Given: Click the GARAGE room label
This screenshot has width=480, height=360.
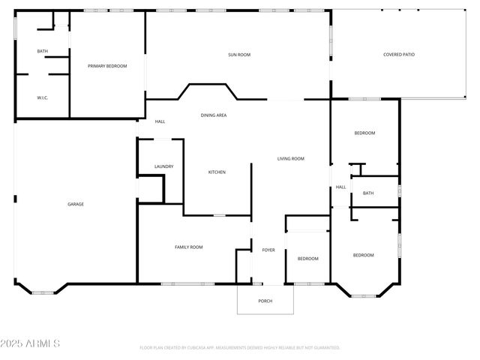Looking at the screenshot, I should coord(76,204).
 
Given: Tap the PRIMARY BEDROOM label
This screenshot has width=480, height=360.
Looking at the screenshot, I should coord(107,66).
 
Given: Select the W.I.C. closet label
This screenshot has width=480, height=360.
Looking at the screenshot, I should coord(43,97).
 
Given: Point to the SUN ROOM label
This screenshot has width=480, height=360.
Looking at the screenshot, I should coord(239,55).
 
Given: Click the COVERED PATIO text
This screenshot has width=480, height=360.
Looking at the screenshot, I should coord(399,55).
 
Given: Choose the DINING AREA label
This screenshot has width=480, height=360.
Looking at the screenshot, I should coord(214,115).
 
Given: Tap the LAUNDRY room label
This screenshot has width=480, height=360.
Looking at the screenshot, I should coord(164,166).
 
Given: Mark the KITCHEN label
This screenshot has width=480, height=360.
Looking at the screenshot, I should coord(217,172).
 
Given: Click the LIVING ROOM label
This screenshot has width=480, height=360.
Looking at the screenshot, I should coord(291,158).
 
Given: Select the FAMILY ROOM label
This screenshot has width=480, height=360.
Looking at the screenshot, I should coord(189,247).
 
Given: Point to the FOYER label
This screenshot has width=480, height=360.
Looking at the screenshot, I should coord(268,250).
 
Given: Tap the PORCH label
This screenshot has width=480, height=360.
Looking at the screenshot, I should coord(265,301).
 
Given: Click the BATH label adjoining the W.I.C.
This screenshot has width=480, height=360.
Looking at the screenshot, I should coord(43,51).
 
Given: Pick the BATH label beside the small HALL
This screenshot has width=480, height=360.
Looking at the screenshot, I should coord(368,193).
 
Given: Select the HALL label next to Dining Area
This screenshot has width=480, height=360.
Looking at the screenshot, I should coord(160,121).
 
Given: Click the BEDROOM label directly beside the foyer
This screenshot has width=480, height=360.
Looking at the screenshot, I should coord(308,258).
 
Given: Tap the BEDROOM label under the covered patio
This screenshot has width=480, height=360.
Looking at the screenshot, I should coord(364,133).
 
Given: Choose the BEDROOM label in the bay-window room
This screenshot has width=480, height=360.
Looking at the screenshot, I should coord(364,255).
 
